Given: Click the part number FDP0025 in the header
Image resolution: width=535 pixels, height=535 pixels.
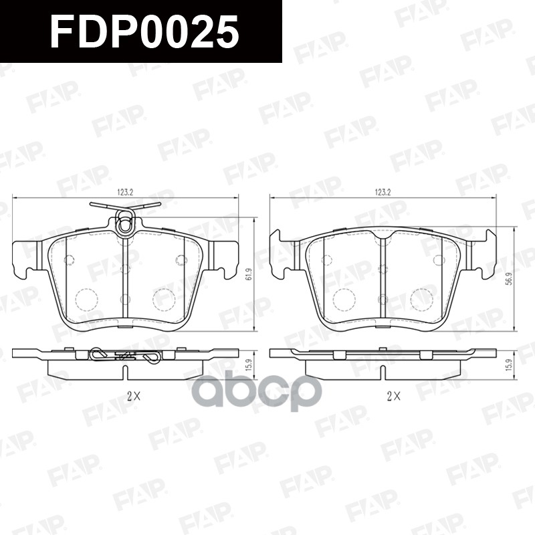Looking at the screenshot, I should (144, 31).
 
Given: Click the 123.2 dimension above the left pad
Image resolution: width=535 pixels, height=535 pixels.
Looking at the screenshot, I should (125, 192).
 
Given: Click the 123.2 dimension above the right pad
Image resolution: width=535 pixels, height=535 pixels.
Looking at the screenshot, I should (383, 192).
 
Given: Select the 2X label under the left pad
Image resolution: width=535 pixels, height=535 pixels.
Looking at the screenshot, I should (134, 395).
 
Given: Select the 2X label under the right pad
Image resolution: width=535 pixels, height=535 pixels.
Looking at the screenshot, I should (393, 395).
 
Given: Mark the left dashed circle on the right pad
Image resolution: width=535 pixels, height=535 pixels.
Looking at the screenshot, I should (344, 299).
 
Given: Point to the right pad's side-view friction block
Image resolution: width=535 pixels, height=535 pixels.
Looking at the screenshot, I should (382, 368).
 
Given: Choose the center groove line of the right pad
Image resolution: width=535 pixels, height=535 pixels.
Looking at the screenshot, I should (382, 281).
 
